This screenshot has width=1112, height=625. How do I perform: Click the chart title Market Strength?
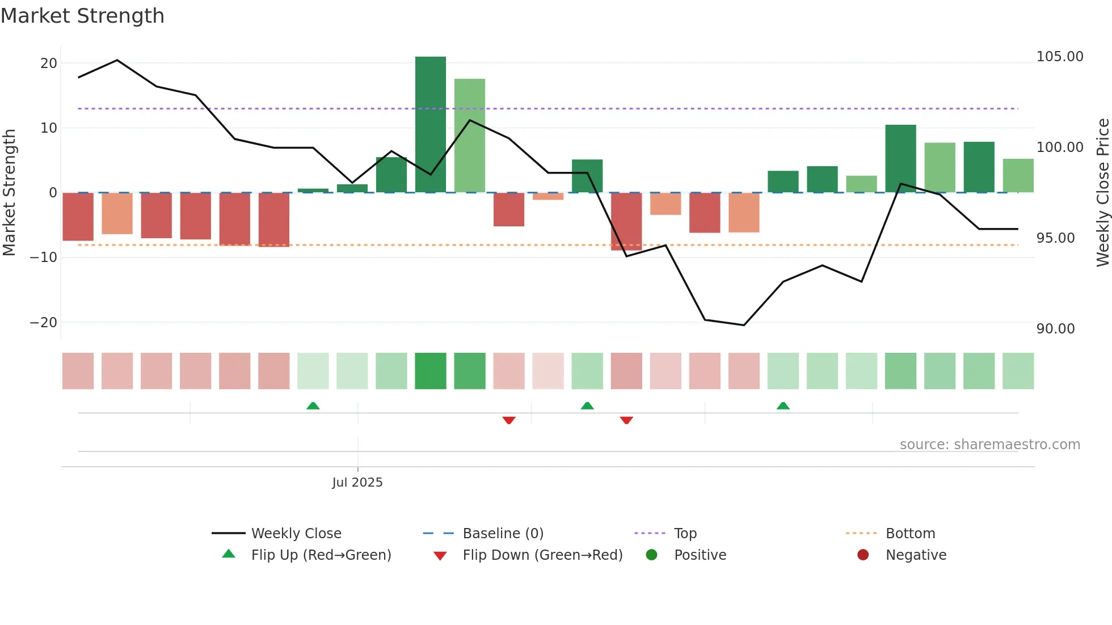click(x=82, y=16)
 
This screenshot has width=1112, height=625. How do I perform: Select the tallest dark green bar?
click(x=431, y=125)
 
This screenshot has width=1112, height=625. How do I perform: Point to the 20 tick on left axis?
click(x=49, y=64)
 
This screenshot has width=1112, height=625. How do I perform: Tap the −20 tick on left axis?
click(x=44, y=323)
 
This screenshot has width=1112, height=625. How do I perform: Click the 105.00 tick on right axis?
click(x=1059, y=57)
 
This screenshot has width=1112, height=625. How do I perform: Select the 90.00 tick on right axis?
click(x=1055, y=329)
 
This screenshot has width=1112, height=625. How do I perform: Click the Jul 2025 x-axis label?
click(x=357, y=483)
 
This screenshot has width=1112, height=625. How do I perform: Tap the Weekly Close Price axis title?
click(x=1102, y=192)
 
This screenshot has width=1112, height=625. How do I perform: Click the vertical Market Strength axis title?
click(x=10, y=192)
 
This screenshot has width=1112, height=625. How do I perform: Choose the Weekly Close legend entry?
click(x=296, y=534)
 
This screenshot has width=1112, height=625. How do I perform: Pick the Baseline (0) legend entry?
click(x=503, y=534)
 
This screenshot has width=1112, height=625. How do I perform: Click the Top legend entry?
click(x=685, y=534)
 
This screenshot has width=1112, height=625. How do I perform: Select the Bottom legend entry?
click(x=910, y=534)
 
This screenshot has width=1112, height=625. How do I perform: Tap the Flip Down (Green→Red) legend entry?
click(x=542, y=555)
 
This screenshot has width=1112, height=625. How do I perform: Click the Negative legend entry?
click(x=916, y=555)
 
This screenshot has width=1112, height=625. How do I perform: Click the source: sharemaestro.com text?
click(x=989, y=445)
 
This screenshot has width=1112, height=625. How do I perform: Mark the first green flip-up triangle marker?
click(x=313, y=406)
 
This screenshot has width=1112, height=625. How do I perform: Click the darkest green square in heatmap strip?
click(x=431, y=371)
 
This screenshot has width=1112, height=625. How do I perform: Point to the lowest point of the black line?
click(x=744, y=325)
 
